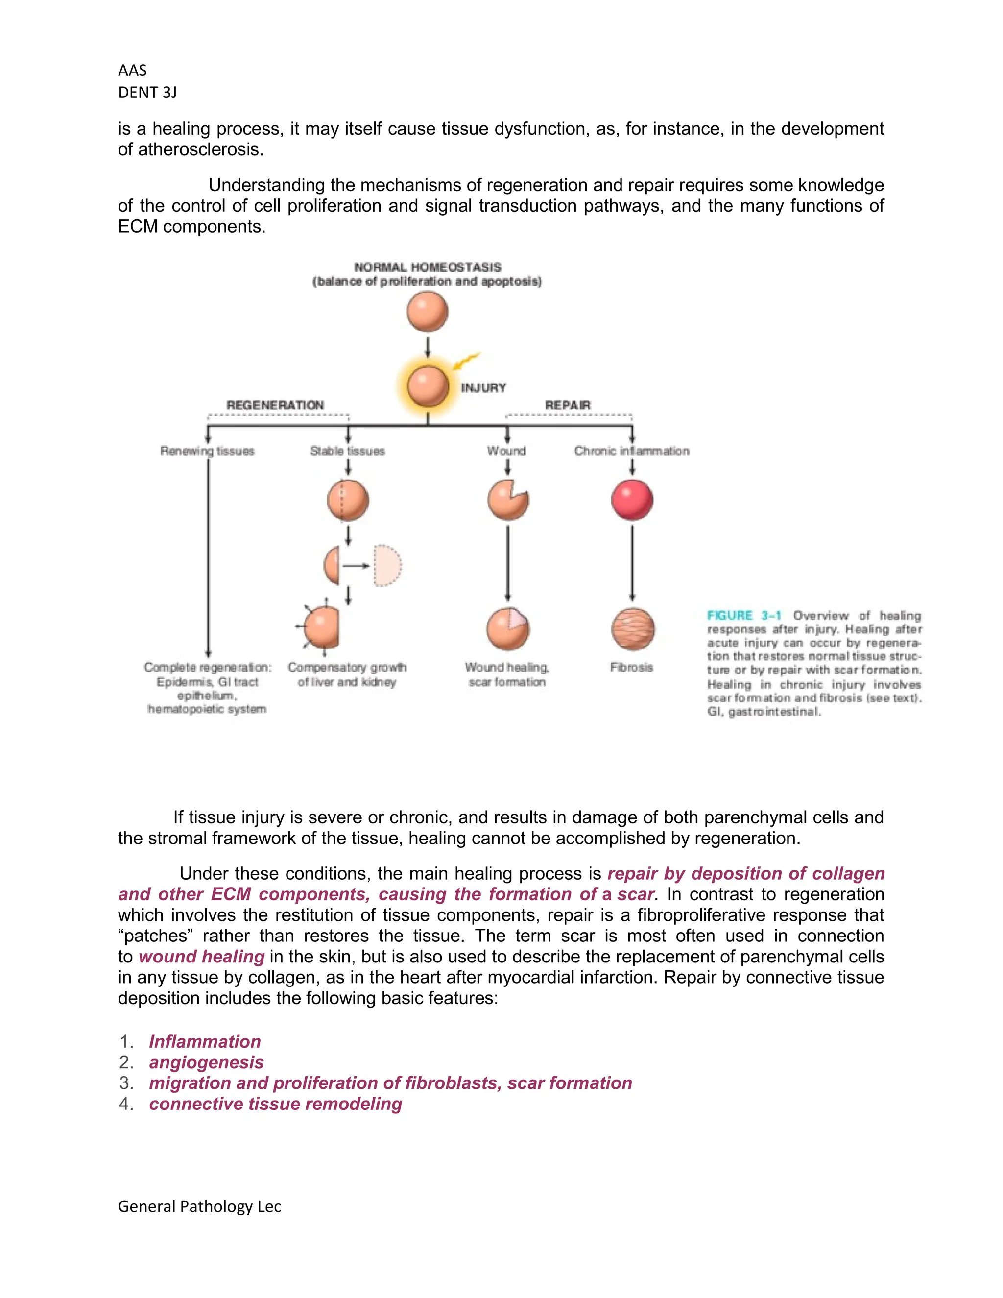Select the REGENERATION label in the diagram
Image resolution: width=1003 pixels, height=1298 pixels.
[x=275, y=405]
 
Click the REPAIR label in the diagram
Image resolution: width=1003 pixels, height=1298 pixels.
[x=568, y=405]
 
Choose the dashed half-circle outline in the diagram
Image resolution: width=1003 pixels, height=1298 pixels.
[x=387, y=565]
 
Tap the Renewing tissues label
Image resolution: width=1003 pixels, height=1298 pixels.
[x=207, y=451]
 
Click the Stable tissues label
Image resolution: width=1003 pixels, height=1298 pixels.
[x=348, y=451]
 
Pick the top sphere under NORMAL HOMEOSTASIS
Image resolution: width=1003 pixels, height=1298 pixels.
[x=427, y=312]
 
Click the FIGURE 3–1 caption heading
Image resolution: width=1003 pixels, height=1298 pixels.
[x=744, y=616]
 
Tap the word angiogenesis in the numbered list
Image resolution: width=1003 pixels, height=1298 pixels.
[x=206, y=1062]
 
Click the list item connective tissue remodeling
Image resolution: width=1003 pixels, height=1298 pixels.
[x=275, y=1104]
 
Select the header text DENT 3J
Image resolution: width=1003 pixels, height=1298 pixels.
[x=147, y=93]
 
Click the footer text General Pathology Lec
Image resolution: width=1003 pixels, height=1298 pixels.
[x=200, y=1206]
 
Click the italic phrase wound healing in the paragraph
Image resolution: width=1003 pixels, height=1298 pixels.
[x=201, y=956]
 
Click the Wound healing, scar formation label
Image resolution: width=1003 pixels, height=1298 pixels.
[x=507, y=674]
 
